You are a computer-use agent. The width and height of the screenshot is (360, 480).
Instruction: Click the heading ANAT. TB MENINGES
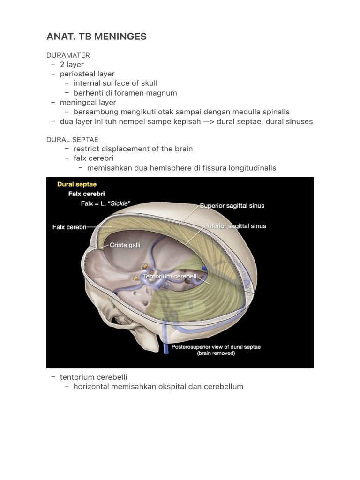[96, 37]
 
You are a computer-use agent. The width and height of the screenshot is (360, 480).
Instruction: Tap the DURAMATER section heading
[68, 55]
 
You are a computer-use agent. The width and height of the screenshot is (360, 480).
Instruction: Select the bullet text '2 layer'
[72, 64]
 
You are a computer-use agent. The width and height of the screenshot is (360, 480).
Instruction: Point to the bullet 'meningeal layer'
[88, 102]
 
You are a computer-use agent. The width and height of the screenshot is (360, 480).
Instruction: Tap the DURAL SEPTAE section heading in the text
[72, 139]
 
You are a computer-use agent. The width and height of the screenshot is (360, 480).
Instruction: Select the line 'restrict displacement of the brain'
[133, 149]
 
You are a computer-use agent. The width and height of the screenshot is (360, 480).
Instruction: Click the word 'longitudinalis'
[251, 168]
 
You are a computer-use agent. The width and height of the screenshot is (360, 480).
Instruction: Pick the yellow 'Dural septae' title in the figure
[77, 184]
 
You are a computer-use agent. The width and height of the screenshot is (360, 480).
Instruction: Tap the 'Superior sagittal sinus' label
[232, 206]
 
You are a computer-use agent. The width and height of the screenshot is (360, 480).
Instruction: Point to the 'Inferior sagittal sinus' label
[236, 226]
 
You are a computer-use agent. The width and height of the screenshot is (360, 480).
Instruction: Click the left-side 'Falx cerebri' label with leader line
[69, 227]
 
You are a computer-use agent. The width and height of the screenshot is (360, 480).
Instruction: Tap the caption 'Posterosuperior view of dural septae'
[216, 347]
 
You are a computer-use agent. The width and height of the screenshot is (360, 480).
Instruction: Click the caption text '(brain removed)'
[216, 353]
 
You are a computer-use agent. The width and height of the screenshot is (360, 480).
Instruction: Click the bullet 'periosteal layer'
[87, 74]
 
